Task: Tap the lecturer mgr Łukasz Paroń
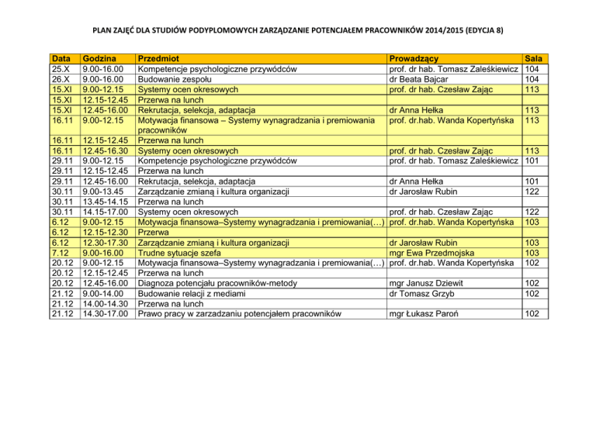pos(428,314)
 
